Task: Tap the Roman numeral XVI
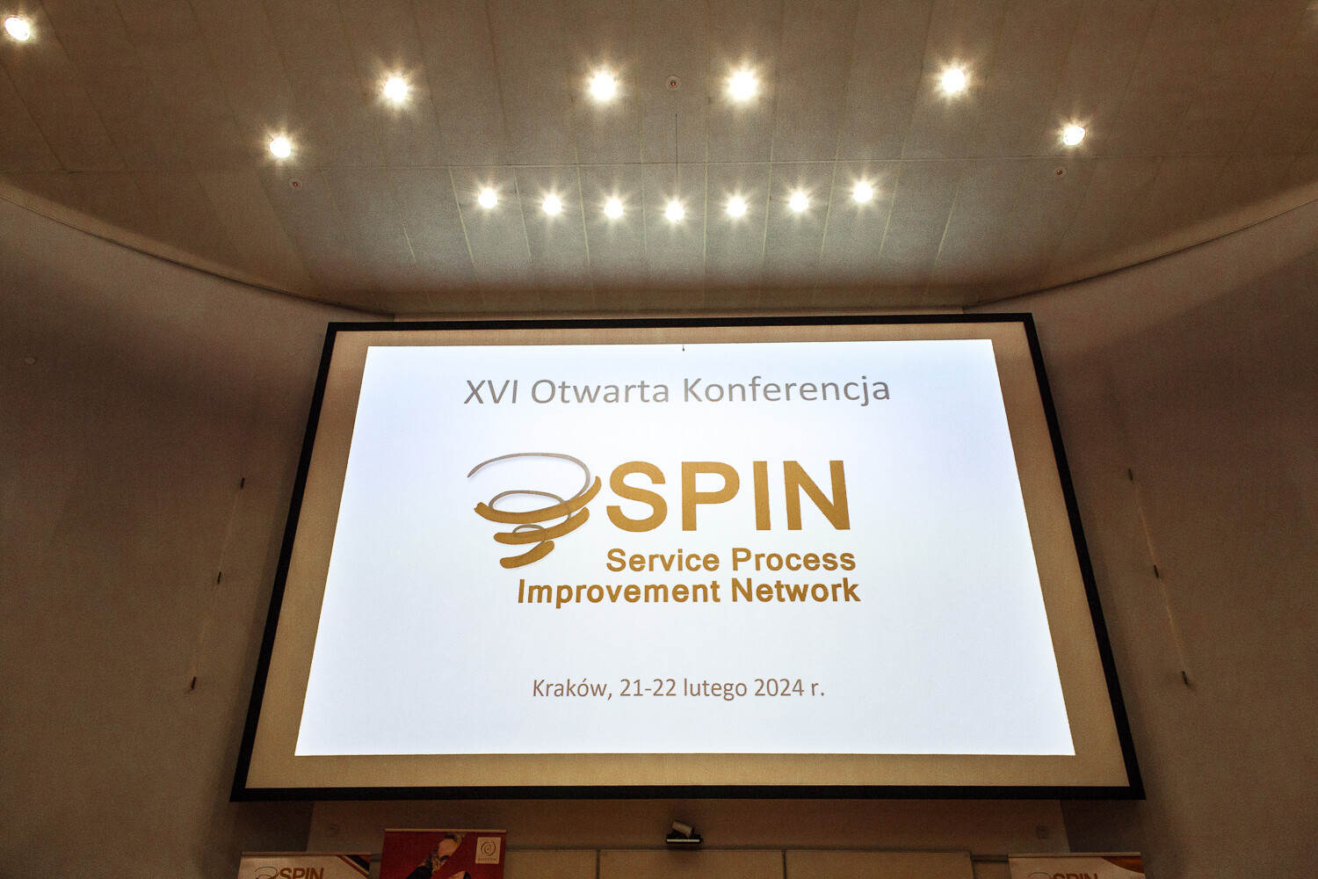pyautogui.click(x=490, y=391)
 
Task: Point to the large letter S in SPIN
pyautogui.click(x=635, y=497)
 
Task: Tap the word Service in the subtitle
pyautogui.click(x=663, y=561)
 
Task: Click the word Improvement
pyautogui.click(x=619, y=592)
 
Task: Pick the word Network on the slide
pyautogui.click(x=795, y=590)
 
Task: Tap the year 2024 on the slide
pyautogui.click(x=778, y=687)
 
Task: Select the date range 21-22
pyautogui.click(x=648, y=687)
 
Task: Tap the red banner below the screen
pyautogui.click(x=444, y=854)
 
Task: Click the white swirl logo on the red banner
pyautogui.click(x=488, y=850)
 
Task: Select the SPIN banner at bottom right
pyautogui.click(x=1076, y=867)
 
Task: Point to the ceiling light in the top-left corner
pyautogui.click(x=18, y=27)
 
